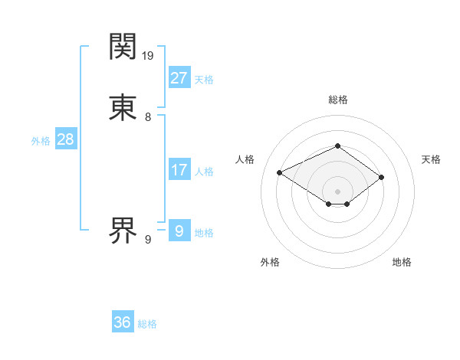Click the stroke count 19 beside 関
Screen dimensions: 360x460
click(148, 56)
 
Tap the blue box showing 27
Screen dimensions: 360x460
click(179, 77)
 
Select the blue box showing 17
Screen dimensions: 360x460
click(179, 169)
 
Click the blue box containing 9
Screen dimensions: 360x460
click(179, 230)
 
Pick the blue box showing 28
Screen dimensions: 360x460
click(65, 139)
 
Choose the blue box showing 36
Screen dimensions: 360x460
click(122, 322)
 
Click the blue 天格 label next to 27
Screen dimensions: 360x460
click(204, 80)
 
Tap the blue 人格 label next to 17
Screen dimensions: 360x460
click(204, 172)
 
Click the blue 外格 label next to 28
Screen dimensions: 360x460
click(41, 141)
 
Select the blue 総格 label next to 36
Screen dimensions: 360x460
click(147, 325)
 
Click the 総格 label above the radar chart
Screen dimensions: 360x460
click(337, 100)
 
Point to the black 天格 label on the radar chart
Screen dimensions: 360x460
click(431, 159)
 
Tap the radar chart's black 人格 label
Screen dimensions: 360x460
click(245, 159)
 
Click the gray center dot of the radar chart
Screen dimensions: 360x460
click(337, 191)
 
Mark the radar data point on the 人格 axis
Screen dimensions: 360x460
click(280, 172)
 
